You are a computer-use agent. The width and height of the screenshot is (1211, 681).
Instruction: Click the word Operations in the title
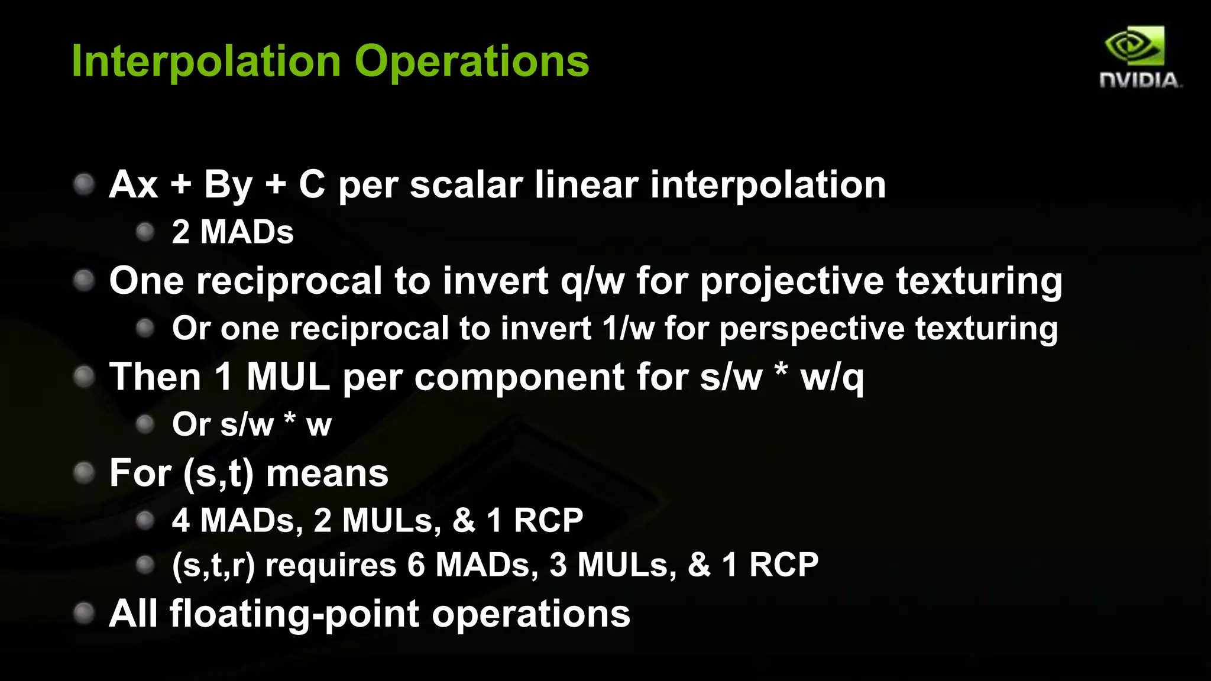(472, 61)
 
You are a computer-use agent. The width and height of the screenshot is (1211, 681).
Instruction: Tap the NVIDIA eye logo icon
(1134, 46)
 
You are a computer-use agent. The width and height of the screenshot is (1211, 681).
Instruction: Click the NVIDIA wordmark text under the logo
(1139, 80)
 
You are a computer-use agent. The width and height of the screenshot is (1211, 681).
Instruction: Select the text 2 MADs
(232, 232)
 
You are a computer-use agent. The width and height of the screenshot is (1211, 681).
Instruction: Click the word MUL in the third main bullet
(288, 377)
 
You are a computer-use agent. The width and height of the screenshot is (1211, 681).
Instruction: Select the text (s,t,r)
(213, 565)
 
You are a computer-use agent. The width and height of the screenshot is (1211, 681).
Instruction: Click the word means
(327, 474)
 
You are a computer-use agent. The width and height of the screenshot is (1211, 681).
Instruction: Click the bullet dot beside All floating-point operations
(84, 613)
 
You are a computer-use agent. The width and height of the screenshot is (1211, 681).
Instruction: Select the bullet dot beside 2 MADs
(145, 232)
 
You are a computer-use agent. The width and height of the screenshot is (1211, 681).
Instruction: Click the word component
(519, 377)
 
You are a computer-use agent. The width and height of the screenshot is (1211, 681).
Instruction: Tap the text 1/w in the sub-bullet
(628, 329)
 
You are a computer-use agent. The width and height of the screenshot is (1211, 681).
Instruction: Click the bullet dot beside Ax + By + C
(84, 184)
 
